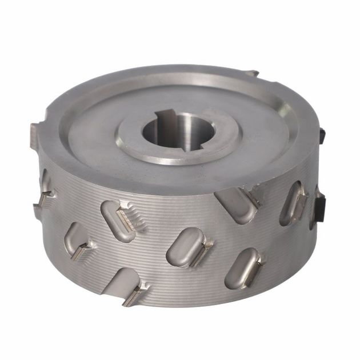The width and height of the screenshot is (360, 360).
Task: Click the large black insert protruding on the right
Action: (319, 205)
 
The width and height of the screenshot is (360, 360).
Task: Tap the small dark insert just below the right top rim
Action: (322, 135)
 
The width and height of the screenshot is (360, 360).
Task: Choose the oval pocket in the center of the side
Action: (186, 246)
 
